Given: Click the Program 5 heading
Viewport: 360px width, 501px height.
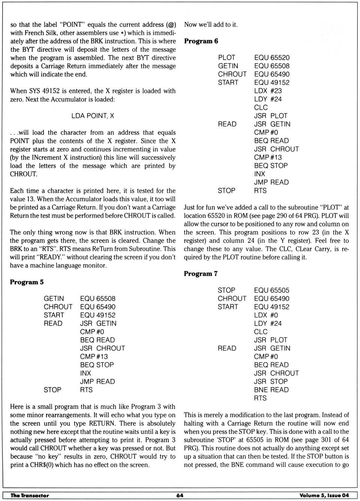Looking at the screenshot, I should tap(27, 282).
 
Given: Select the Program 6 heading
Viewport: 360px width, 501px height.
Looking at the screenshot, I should tap(201, 41).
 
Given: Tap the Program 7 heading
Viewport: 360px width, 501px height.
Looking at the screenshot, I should tap(201, 274).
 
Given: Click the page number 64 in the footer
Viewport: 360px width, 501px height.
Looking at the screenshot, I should tap(180, 495).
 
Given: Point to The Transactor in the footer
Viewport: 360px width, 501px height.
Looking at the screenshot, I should tap(30, 495).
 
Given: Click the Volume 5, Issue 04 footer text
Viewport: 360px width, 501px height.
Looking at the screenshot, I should tap(324, 495).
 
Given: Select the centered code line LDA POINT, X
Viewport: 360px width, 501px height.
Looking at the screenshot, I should tap(93, 116).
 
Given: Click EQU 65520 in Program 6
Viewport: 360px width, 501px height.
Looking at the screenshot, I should tap(272, 58).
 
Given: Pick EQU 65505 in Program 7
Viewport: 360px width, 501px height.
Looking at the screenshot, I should tap(271, 290).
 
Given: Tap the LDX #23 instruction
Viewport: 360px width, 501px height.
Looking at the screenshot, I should tap(268, 91).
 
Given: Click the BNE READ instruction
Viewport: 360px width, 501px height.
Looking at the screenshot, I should tap(271, 390).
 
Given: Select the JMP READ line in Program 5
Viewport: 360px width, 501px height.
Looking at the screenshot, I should tap(97, 381).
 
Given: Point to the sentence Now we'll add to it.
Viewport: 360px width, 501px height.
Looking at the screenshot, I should tap(211, 25).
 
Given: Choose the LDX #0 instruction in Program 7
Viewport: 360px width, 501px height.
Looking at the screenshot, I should tap(266, 315).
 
